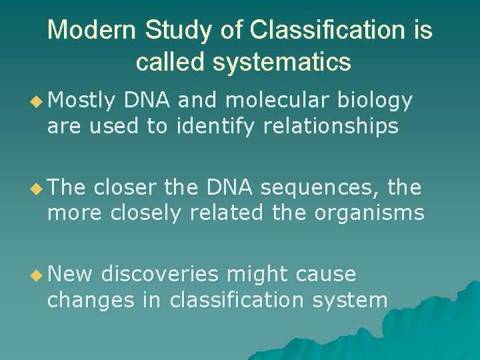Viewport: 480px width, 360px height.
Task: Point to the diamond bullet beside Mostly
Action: tap(37, 101)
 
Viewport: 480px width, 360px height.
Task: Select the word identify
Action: tap(215, 127)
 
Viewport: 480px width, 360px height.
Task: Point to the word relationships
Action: tap(331, 127)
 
